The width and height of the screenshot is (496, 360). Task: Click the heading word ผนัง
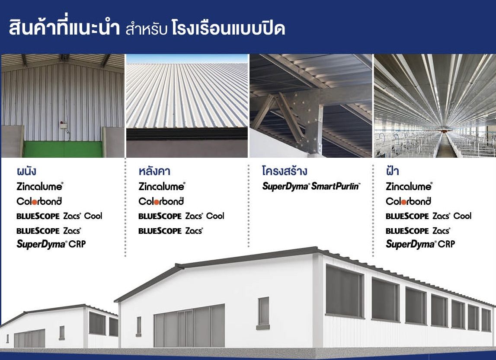coord(26,171)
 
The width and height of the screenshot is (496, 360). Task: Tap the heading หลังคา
coord(154,171)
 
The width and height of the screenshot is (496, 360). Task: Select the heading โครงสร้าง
coord(285,171)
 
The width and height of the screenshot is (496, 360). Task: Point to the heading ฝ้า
coord(392,171)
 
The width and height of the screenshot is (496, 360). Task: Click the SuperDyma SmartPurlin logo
coord(311,186)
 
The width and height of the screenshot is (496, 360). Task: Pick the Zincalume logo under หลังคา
coord(162,186)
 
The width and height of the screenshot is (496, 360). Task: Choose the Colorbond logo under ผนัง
coord(39,201)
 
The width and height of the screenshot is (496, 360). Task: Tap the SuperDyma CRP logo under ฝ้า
coord(420,244)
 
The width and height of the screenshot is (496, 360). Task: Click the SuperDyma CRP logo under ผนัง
coord(51,244)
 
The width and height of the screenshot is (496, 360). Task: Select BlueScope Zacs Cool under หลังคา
coord(181,216)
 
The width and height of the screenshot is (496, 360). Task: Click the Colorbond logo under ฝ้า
coord(408,201)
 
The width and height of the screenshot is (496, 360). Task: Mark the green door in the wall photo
coord(63,149)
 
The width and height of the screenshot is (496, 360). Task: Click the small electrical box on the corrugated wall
coord(63,125)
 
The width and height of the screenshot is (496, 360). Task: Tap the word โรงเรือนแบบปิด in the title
coord(228,28)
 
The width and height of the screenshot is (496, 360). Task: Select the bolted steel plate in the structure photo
coord(304,109)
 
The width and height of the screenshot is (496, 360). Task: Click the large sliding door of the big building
coord(189,326)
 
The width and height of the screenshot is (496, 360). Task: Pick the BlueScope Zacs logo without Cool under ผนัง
coord(49,231)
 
